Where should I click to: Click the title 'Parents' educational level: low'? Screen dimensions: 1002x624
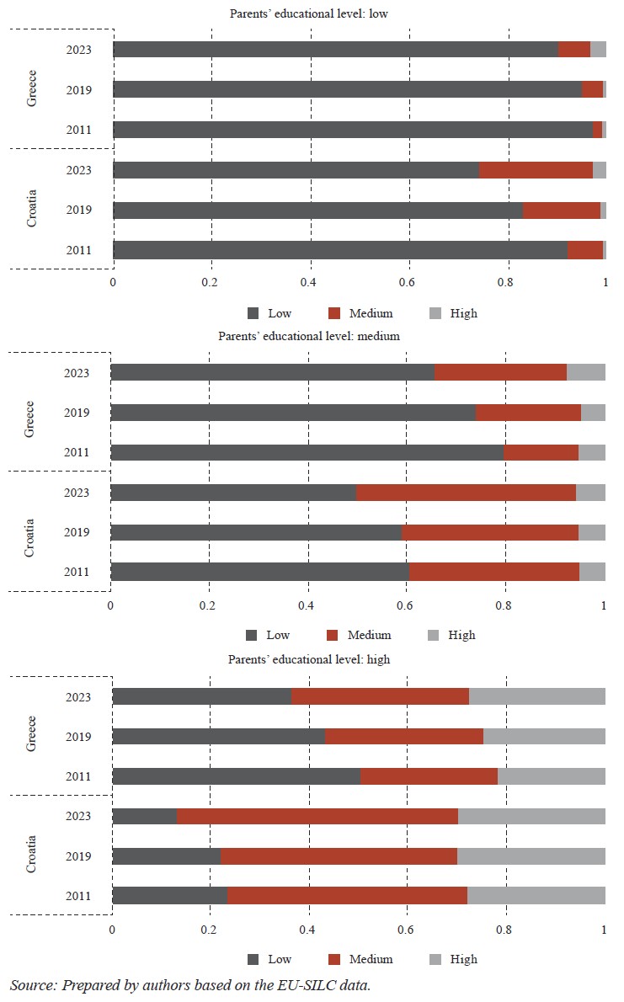pos(309,13)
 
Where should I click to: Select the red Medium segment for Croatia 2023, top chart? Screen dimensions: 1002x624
pos(536,170)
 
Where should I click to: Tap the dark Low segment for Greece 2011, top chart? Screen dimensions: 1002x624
pos(352,130)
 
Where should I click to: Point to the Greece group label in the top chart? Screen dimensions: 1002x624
pos(32,89)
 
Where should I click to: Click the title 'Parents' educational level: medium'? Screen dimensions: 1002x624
pos(308,335)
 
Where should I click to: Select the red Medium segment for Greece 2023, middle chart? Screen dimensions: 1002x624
pos(500,372)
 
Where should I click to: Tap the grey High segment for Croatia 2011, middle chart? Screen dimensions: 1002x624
pos(592,572)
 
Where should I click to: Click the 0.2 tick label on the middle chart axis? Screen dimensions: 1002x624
pos(208,605)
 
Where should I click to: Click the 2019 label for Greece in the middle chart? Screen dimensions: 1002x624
pos(77,413)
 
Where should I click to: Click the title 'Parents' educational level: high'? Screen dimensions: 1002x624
pos(309,659)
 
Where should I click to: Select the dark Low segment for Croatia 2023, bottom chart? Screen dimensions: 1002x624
pos(144,815)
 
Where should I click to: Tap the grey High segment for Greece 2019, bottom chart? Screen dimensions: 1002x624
pos(544,737)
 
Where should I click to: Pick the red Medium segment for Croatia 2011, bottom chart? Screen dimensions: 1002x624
pos(347,895)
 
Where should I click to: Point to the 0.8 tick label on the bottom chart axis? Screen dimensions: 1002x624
pos(505,930)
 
